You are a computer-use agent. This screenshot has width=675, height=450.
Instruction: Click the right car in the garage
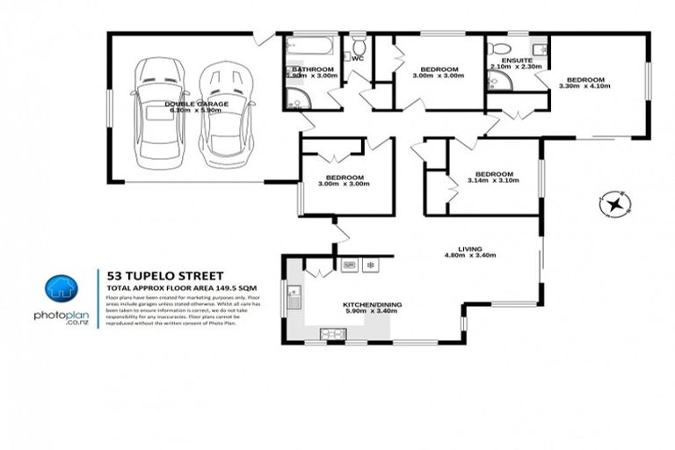point(221,114)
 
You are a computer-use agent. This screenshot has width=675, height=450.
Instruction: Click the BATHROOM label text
point(313,69)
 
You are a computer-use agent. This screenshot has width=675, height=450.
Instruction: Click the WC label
point(358,59)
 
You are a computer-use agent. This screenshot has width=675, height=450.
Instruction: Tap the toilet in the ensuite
point(498,47)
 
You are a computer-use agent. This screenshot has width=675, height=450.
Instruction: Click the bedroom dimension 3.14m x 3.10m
point(493,182)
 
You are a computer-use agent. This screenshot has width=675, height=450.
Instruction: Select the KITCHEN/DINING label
point(374,303)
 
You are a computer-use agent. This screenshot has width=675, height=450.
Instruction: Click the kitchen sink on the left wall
point(294,300)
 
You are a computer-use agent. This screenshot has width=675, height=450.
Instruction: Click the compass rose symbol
point(616,205)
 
